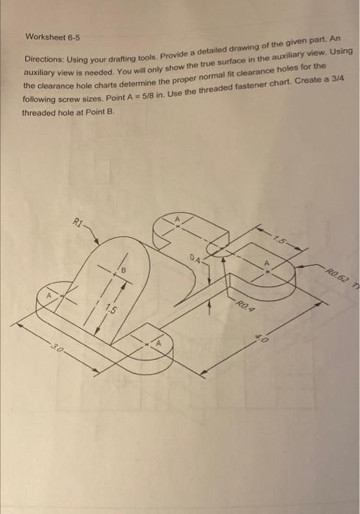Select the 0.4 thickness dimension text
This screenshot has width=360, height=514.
(x=193, y=257)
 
